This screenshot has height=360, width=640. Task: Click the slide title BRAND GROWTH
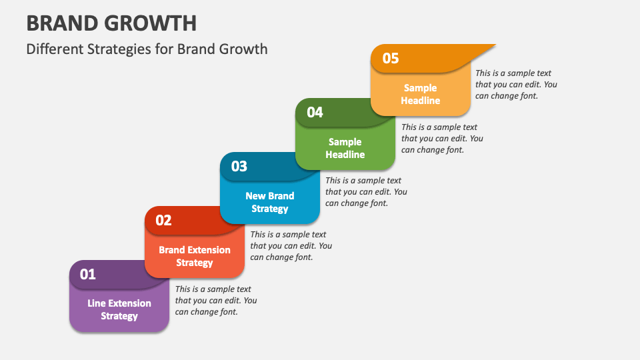coord(111,23)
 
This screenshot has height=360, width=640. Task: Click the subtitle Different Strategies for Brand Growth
coord(147,49)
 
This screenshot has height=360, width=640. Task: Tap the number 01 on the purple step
coord(88,274)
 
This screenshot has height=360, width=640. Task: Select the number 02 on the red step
coord(163,220)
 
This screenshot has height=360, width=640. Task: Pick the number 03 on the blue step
coord(239,166)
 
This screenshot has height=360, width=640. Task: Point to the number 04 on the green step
coord(315,112)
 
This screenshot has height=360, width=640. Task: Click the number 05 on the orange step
coord(390,58)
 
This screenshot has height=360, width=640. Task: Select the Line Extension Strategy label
coord(119,309)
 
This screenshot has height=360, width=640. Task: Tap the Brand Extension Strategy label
coord(195,256)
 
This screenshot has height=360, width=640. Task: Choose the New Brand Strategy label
coord(270,202)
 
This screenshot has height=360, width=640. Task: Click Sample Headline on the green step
coord(345,148)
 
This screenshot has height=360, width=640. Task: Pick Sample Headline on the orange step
coord(420,94)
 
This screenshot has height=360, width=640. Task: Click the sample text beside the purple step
coord(215,300)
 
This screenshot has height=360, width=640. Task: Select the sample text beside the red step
coord(291,245)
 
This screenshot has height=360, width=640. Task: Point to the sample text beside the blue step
coord(366,191)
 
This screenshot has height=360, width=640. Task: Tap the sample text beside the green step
coord(441,138)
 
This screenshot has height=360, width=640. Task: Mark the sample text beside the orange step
coord(515,84)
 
